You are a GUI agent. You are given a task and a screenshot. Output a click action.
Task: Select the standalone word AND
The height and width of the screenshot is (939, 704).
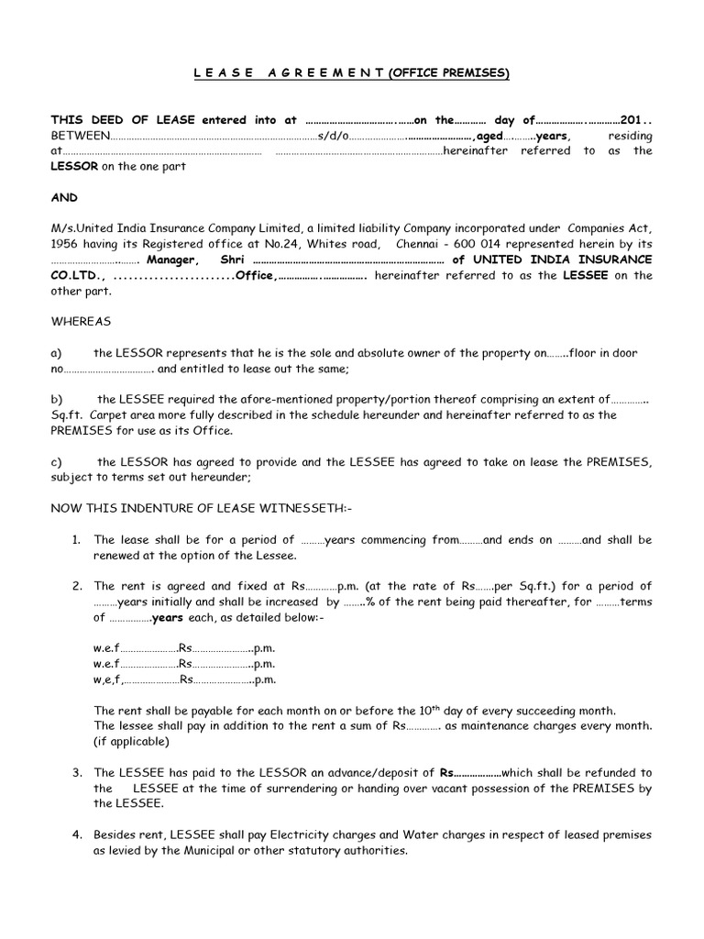click(64, 197)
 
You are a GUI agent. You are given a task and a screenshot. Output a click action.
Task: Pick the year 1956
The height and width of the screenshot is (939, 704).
click(65, 243)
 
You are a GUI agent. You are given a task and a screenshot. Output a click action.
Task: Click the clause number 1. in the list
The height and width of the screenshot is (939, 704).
click(77, 540)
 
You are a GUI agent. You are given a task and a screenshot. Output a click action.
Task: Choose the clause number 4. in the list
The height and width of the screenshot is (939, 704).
click(77, 835)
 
